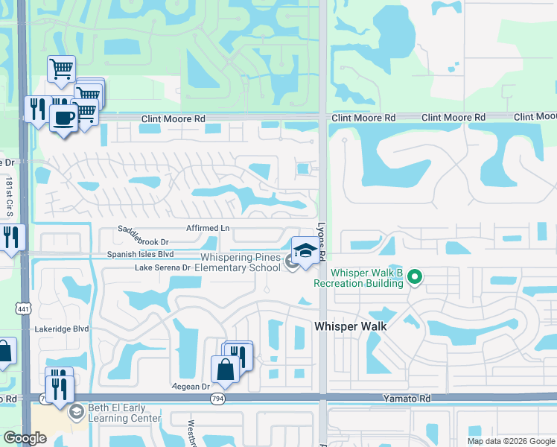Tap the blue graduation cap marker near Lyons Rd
tap(304, 252)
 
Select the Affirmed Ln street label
tap(208, 228)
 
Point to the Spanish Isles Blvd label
tap(139, 254)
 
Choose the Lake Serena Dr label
tap(163, 267)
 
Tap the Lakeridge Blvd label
tap(61, 329)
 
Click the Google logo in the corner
tap(25, 438)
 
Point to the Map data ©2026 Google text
tap(512, 441)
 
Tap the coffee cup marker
tap(63, 118)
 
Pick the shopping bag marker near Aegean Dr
tap(225, 368)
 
